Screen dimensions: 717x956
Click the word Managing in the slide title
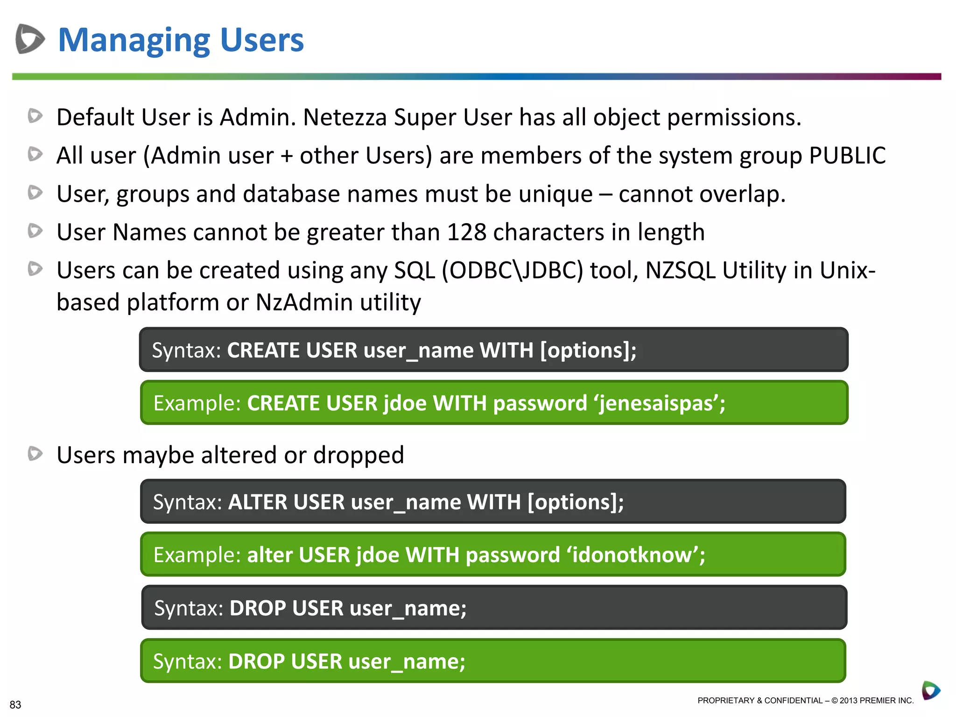134,41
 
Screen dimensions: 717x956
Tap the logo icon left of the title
30,39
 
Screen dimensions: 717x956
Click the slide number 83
15,704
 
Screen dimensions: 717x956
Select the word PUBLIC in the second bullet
847,155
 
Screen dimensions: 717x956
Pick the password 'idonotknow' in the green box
633,555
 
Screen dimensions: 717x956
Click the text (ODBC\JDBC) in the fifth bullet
513,271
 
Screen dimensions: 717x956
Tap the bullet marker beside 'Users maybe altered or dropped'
35,454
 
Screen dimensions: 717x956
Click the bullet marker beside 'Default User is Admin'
35,116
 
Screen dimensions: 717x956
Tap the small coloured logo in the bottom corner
931,690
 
